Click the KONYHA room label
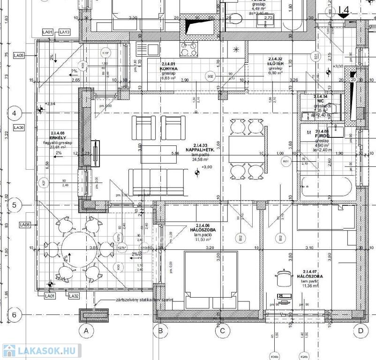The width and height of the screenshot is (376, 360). (x=167, y=68)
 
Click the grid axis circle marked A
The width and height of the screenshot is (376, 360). (x=86, y=331)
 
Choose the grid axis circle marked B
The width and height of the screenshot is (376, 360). (x=160, y=331)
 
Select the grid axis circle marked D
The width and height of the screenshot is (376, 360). (x=360, y=331)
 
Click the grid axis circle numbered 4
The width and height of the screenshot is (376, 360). (x=14, y=113)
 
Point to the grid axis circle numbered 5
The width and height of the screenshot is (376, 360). (x=14, y=205)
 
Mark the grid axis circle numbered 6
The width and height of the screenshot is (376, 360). (x=14, y=315)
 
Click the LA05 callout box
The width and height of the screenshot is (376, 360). (x=19, y=55)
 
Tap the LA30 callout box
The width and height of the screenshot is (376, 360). (x=19, y=127)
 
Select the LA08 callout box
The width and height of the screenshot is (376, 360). (x=24, y=225)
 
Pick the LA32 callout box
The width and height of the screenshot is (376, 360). (x=74, y=296)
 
